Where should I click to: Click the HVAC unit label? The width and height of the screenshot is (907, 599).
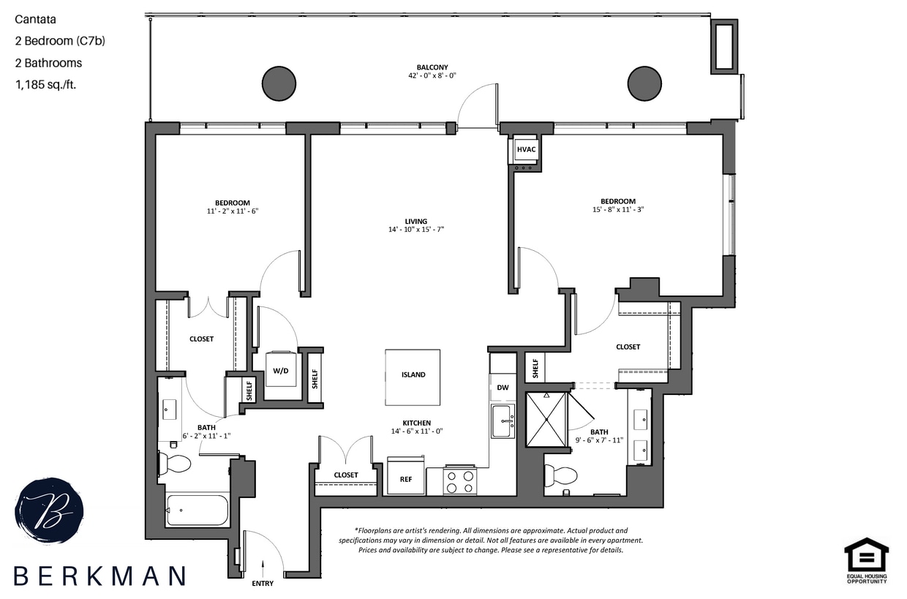click(x=527, y=150)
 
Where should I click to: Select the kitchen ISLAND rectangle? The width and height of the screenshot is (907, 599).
click(x=413, y=376)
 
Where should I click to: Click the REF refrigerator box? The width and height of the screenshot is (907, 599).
click(x=405, y=477)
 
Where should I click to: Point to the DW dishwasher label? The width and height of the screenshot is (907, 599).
click(x=503, y=388)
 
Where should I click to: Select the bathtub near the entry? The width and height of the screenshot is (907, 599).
click(x=197, y=509)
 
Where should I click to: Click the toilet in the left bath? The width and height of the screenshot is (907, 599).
click(x=175, y=463)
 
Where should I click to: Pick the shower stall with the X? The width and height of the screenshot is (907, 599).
click(x=546, y=418)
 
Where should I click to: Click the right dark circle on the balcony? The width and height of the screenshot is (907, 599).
click(x=644, y=83)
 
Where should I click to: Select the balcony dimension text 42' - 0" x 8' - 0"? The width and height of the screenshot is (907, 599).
click(x=432, y=75)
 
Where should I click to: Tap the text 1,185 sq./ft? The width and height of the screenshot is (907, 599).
click(x=45, y=84)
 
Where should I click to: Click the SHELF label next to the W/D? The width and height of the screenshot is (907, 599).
click(x=315, y=378)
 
